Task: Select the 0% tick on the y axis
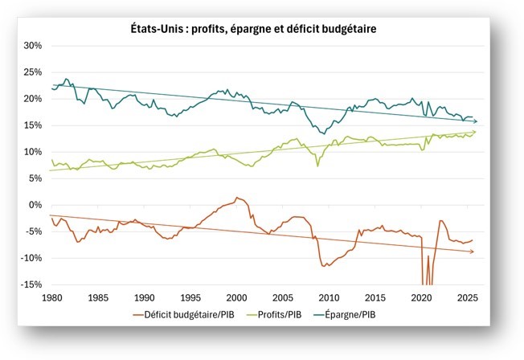coord(33,205)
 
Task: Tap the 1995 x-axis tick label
coord(190,297)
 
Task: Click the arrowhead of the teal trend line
coord(476,121)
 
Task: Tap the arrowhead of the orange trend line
coord(473,252)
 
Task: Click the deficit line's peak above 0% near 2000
coord(236,198)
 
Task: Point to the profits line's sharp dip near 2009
coord(317,166)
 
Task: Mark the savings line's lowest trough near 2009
coord(323,133)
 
